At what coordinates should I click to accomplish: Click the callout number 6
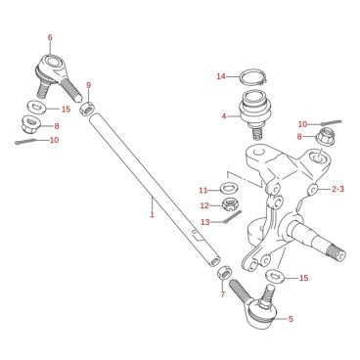pos(50,37)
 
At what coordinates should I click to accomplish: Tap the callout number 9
pos(89,85)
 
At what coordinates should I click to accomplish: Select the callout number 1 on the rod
pos(152,214)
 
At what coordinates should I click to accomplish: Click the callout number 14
pos(221,76)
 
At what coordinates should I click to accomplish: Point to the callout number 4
pos(224,115)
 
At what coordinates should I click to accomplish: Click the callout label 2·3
pos(337,189)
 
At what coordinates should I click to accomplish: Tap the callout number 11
pos(203,190)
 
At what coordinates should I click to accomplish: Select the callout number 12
pos(204,205)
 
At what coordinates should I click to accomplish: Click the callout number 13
pos(205,222)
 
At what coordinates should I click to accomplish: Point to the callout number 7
pos(223,294)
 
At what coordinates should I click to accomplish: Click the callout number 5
pos(291,319)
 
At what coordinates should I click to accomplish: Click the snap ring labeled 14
pos(253,77)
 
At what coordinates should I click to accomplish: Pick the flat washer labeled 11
pos(230,188)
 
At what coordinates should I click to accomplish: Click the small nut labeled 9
pos(87,109)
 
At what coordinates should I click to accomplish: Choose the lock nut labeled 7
pos(225,272)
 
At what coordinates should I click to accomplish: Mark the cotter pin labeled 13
pos(234,217)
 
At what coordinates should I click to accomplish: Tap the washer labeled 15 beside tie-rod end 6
pos(35,107)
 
